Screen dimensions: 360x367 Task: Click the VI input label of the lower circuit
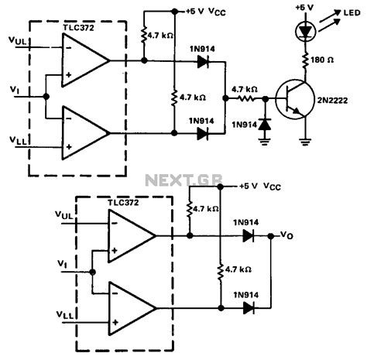(x=63, y=266)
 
